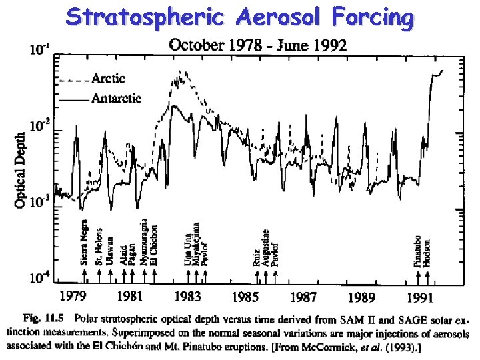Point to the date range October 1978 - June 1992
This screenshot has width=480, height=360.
tap(257, 45)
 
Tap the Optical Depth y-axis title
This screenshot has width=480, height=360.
tap(21, 169)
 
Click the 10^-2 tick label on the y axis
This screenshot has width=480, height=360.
tap(39, 124)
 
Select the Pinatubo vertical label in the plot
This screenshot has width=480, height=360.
tap(418, 250)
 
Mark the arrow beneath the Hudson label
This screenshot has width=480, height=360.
tap(427, 275)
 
